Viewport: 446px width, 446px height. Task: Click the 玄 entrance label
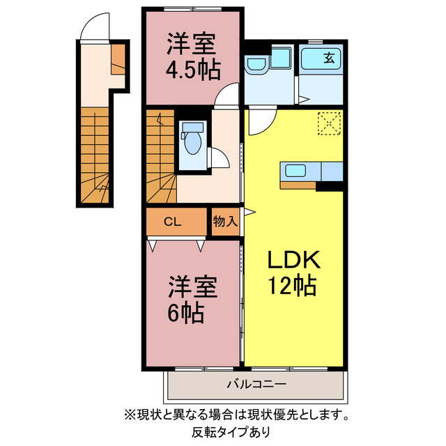tap(328, 59)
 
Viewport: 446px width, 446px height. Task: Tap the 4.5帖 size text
tap(192, 70)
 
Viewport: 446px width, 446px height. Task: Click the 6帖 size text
tap(185, 314)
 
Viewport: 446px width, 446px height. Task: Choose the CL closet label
tap(172, 222)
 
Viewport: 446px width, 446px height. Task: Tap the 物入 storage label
tap(225, 222)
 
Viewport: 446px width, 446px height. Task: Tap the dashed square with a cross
tap(328, 123)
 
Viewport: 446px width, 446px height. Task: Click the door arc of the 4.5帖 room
tap(226, 97)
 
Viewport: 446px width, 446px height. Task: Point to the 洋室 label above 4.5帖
tap(192, 44)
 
